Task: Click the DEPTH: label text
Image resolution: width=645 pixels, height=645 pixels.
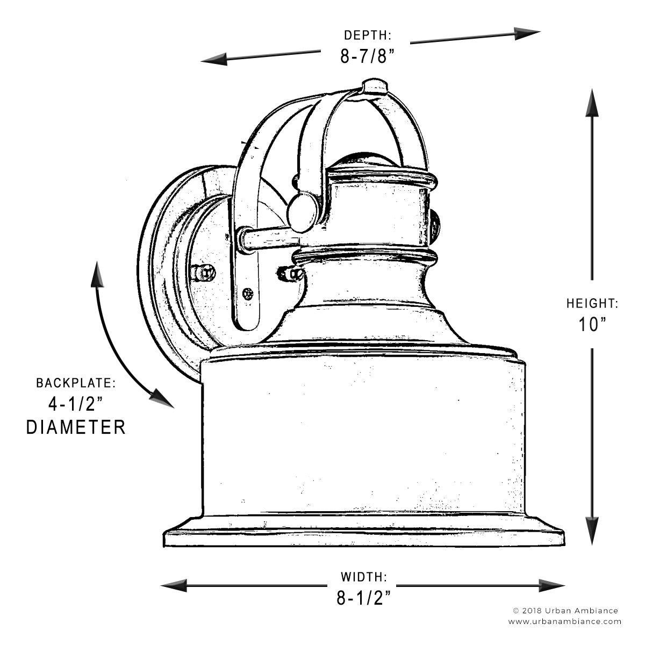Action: pos(368,35)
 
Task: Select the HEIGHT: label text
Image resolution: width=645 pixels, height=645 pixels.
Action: pos(592,303)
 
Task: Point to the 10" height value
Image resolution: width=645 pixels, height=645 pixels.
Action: pos(593,324)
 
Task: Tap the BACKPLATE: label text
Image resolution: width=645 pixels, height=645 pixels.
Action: pos(76,383)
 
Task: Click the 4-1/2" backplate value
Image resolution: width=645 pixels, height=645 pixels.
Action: pos(75,404)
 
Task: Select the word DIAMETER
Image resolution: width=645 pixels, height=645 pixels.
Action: pos(76,427)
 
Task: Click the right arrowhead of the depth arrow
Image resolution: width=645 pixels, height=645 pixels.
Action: pos(527,33)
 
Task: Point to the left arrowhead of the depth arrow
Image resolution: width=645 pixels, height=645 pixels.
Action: pos(214,60)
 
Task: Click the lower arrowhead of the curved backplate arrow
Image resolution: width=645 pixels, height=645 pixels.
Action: pos(163,398)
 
